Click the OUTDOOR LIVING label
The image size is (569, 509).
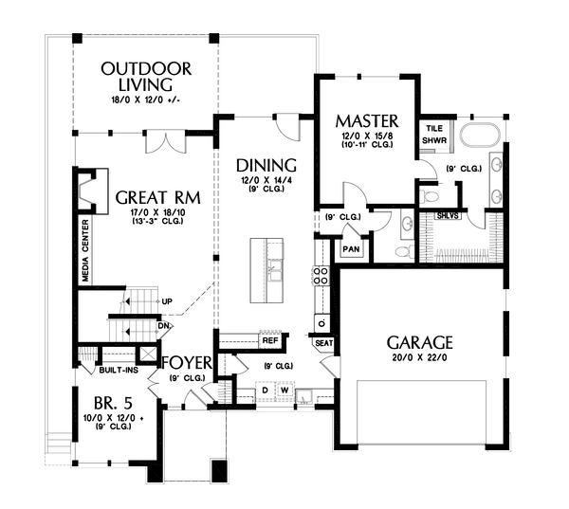(x=146, y=77)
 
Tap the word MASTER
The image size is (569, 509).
(x=367, y=121)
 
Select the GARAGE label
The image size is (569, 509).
(x=419, y=342)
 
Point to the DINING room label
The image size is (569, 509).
(x=266, y=166)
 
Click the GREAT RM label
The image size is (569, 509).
(x=157, y=198)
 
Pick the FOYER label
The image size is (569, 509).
(x=187, y=362)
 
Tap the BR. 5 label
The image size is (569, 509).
(x=113, y=403)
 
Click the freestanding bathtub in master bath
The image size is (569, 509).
(x=480, y=135)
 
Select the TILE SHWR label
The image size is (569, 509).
(x=434, y=135)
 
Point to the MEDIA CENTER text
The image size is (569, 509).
(x=85, y=250)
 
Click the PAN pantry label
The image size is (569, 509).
(x=351, y=249)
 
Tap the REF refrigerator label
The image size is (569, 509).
(x=270, y=340)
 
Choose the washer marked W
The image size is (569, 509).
(x=285, y=391)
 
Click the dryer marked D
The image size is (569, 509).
(x=266, y=391)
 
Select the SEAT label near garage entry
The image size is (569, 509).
(x=323, y=343)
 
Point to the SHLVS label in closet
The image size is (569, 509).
(x=448, y=216)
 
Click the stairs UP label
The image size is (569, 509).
(x=167, y=301)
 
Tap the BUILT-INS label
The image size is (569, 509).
(x=119, y=370)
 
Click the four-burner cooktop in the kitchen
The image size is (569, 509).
(x=321, y=276)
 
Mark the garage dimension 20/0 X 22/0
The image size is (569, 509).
(x=419, y=357)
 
